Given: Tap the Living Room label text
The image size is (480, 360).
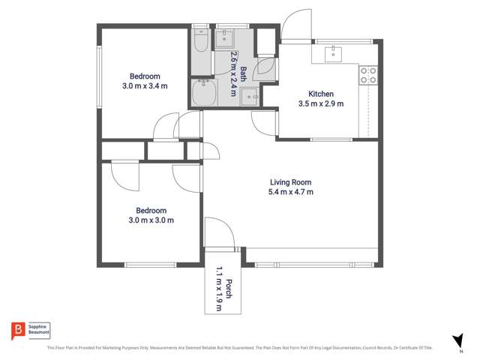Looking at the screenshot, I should pyautogui.click(x=290, y=182).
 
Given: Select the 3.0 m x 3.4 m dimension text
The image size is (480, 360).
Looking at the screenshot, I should pyautogui.click(x=145, y=86).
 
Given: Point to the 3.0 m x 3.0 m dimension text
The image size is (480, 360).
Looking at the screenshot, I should pyautogui.click(x=151, y=220).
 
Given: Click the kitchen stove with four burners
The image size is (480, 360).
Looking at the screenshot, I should pyautogui.click(x=368, y=75).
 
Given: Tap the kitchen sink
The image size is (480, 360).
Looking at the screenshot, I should pyautogui.click(x=334, y=53).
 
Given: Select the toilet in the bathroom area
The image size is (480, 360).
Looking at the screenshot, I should pyautogui.click(x=200, y=37).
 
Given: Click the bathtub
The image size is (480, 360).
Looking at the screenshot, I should pyautogui.click(x=203, y=94).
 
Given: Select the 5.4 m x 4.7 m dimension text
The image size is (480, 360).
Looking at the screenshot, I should pyautogui.click(x=290, y=192).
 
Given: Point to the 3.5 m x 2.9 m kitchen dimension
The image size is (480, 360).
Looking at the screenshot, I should pyautogui.click(x=321, y=103).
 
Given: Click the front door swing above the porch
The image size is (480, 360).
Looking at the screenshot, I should pyautogui.click(x=220, y=232).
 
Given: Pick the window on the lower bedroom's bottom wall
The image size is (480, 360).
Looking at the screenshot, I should pyautogui.click(x=150, y=264).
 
